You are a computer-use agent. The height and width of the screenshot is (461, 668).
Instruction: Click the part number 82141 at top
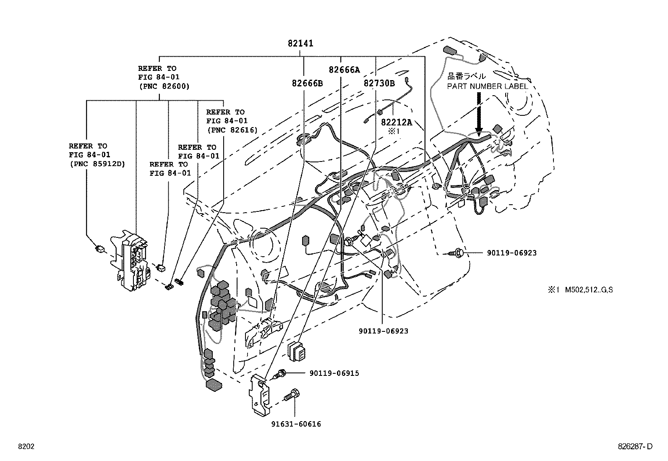[x=300, y=43]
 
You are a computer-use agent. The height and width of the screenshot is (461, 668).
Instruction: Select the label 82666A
[x=344, y=70]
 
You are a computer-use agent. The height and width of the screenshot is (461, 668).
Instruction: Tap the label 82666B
[x=307, y=83]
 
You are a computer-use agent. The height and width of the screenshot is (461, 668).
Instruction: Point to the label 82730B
[x=379, y=83]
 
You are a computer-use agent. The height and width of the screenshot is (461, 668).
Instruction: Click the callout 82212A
[x=396, y=122]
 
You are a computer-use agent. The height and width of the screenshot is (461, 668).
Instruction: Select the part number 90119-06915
[x=334, y=373]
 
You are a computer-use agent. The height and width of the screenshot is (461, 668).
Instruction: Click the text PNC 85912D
[x=97, y=164]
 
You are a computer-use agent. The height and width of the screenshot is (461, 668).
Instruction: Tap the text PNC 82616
[x=232, y=130]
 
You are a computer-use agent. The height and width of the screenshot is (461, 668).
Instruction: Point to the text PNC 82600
[x=164, y=86]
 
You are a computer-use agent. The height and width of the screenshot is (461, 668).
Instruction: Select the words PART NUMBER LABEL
[x=487, y=86]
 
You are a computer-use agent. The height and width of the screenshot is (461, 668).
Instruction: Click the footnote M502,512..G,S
[x=589, y=289]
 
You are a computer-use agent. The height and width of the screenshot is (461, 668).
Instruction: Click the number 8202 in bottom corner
[x=26, y=447]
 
